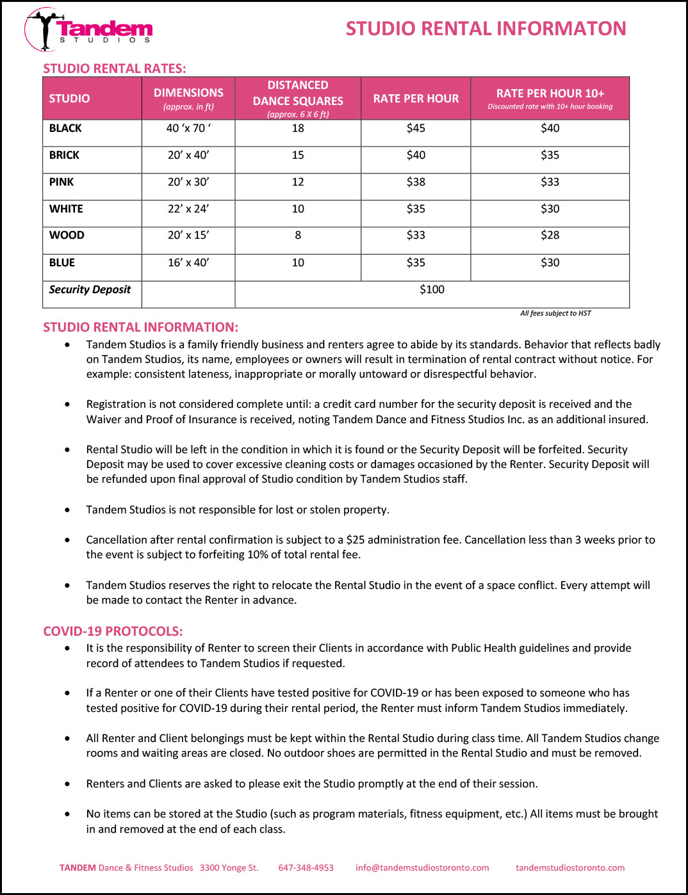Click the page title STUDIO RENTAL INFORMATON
[x=486, y=29]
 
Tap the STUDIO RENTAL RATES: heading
[x=115, y=69]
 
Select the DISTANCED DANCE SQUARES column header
[x=298, y=99]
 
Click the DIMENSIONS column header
[x=188, y=98]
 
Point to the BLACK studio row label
[x=65, y=128]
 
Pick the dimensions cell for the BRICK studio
[x=188, y=155]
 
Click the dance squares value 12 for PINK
[x=298, y=182]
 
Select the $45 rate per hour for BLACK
[x=416, y=128]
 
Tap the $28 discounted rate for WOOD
[x=550, y=235]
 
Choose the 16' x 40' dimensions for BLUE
[x=188, y=262]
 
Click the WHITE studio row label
[x=66, y=209]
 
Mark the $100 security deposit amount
[x=432, y=289]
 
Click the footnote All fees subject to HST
[x=555, y=313]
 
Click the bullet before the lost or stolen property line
[x=68, y=510]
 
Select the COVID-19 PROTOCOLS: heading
[x=113, y=631]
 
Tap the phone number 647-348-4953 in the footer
[x=306, y=867]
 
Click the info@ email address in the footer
[x=422, y=867]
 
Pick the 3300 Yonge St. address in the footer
[x=229, y=867]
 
